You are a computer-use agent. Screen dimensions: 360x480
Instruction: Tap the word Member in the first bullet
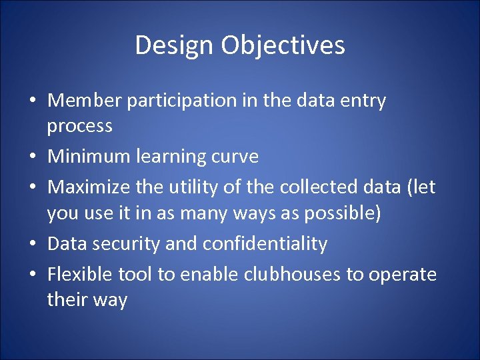pyautogui.click(x=85, y=101)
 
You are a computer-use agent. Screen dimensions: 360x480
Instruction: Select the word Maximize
pyautogui.click(x=89, y=187)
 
